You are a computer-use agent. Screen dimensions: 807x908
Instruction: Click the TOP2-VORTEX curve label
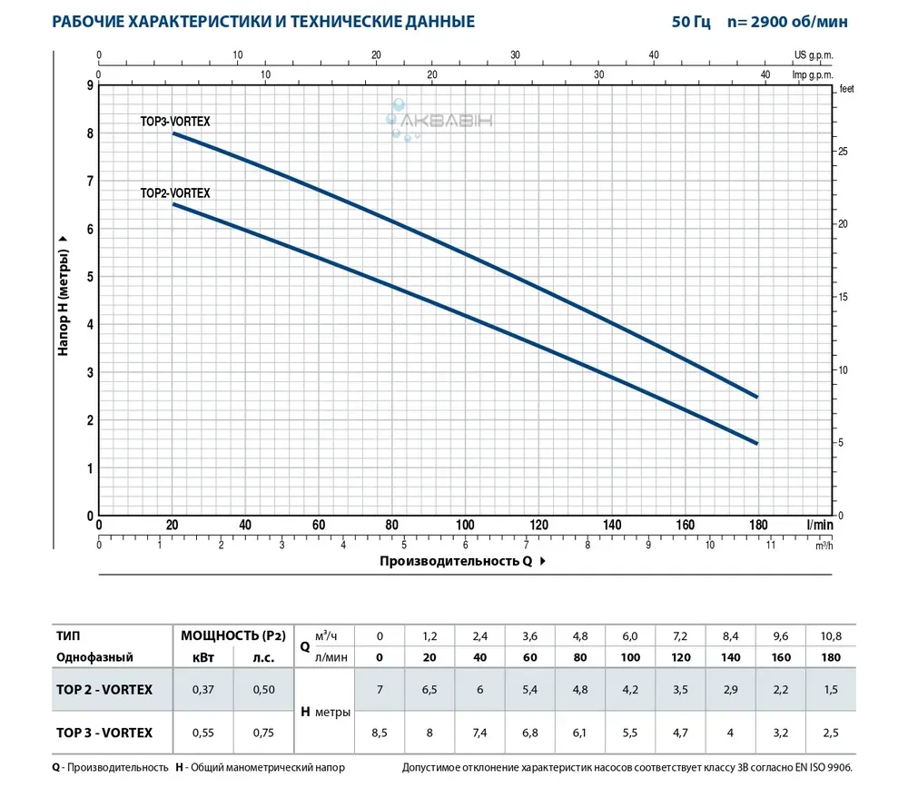(175, 192)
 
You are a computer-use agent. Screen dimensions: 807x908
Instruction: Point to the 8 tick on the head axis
(89, 133)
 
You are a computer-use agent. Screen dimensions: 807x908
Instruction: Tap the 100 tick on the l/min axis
(465, 525)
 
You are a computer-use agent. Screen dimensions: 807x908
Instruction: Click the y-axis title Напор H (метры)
(64, 295)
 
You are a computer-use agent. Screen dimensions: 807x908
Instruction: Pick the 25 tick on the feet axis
(842, 151)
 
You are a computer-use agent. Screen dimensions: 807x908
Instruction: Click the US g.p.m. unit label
(813, 55)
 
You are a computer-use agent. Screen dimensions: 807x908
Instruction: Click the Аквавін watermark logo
(439, 120)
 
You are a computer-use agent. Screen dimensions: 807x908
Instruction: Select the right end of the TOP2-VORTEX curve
(757, 443)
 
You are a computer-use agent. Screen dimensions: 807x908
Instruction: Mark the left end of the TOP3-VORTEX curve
(173, 133)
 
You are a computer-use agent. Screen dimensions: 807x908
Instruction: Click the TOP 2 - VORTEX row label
(104, 689)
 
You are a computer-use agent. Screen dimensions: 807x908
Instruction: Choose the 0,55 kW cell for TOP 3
(202, 733)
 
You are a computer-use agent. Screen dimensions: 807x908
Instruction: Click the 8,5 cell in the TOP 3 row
(380, 733)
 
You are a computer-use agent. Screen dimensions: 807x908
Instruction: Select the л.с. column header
(263, 656)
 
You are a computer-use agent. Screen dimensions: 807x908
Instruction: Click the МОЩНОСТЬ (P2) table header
(233, 635)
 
